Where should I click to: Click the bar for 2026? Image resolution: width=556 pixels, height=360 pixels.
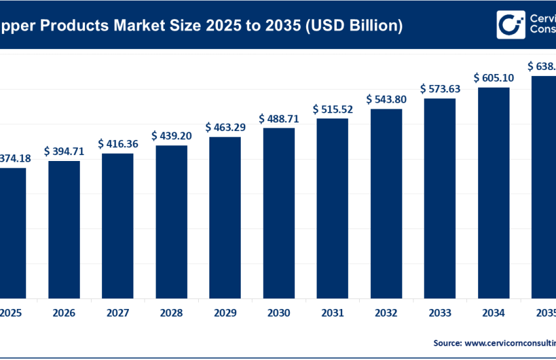coord(64,229)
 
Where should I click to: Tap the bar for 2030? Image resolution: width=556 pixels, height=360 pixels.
coord(279,213)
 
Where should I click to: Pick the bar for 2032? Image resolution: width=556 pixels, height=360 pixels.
coord(386,203)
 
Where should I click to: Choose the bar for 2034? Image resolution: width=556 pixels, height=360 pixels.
coord(493,192)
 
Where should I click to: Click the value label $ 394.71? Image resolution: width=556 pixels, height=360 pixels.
coord(64,151)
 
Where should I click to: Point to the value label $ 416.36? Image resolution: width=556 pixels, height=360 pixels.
coord(118,143)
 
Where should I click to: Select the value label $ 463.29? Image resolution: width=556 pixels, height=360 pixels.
coord(225,127)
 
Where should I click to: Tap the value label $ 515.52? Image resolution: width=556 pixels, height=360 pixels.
coord(332,109)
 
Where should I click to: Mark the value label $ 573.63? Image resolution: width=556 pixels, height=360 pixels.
coord(440,88)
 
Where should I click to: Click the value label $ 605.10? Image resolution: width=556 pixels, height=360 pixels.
coord(493,78)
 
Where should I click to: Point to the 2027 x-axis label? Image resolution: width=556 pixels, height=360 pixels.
coord(118,312)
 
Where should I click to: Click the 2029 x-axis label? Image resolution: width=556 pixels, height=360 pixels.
coord(225,312)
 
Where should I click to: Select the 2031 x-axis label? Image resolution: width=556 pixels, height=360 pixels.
coord(332,312)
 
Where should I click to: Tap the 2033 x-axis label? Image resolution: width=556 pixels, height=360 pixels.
coord(440,312)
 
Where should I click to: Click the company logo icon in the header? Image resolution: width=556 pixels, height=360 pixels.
coord(510,25)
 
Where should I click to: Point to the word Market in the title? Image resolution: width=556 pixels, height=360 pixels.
coord(128,26)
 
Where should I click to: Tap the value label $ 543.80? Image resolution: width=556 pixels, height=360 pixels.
coord(386,99)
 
